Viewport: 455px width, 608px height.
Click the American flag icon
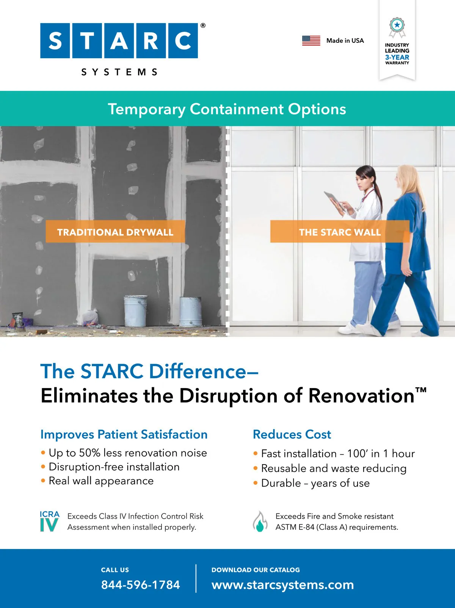pos(311,41)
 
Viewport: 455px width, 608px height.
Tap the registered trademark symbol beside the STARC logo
pos(203,25)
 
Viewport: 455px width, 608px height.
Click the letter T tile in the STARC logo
pos(87,41)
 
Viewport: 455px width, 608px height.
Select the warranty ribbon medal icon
pos(397,27)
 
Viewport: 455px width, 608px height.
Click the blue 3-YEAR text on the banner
pos(397,57)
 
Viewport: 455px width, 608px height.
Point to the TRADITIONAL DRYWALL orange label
pos(115,232)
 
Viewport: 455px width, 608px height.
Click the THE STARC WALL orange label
pos(340,232)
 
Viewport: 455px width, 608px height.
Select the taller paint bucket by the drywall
pos(136,311)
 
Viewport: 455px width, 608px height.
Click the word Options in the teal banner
pos(317,109)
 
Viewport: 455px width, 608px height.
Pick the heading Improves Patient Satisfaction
pos(124,434)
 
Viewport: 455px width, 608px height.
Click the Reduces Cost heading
pos(292,434)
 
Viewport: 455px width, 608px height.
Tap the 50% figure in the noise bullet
pos(89,453)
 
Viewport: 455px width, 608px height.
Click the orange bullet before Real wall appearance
pos(43,480)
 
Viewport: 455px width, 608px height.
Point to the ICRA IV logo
pos(50,521)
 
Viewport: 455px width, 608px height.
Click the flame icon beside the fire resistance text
pos(260,521)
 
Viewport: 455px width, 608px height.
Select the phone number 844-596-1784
pos(141,585)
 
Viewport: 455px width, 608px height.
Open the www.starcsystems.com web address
pos(283,585)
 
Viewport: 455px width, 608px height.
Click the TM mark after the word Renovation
pos(421,390)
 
